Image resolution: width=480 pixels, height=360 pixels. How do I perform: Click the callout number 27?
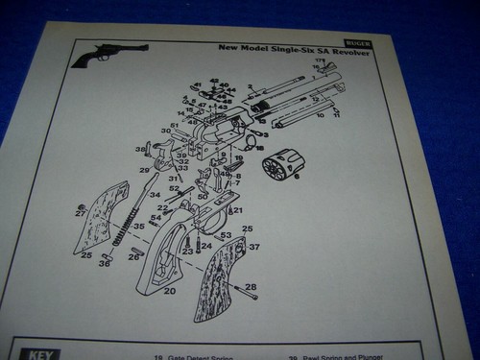pos(81,214)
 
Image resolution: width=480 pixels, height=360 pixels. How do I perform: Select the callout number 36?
pos(104,264)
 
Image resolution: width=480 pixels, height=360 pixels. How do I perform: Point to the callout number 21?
pos(238,210)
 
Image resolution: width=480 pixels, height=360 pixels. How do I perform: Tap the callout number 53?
pos(226,234)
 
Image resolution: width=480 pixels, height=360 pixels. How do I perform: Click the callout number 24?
pos(205,247)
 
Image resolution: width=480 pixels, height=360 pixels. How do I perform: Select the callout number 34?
pos(155,195)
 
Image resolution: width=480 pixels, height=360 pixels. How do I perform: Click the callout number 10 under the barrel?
pos(321,115)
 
